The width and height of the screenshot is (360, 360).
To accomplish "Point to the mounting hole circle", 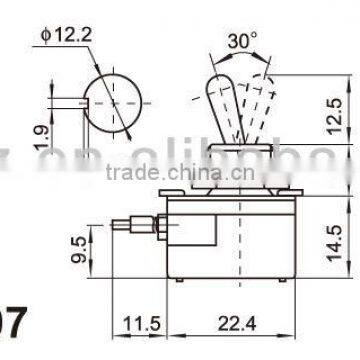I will [x=111, y=101].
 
